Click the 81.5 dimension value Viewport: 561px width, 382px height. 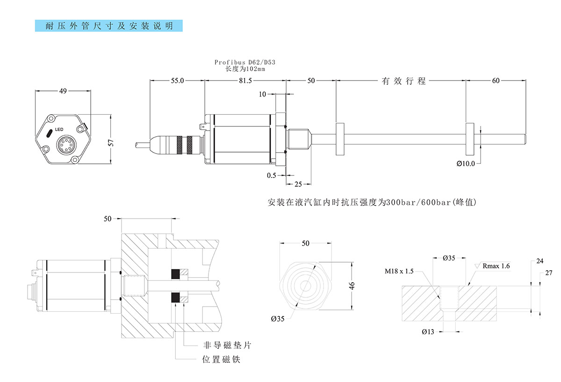(x=245, y=81)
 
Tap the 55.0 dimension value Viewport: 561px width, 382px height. (x=177, y=81)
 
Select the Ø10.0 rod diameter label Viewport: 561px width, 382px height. (x=466, y=163)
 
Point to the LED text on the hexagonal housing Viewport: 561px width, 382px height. (x=59, y=129)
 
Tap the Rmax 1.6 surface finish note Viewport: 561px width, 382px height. (x=496, y=266)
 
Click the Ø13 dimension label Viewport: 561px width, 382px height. (x=428, y=332)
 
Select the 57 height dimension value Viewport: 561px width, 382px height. (x=111, y=143)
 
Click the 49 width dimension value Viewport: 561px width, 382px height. (x=63, y=92)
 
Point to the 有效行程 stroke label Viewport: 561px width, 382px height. (x=404, y=81)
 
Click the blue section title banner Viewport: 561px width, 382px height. (x=109, y=26)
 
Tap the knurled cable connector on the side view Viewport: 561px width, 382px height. (x=182, y=144)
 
